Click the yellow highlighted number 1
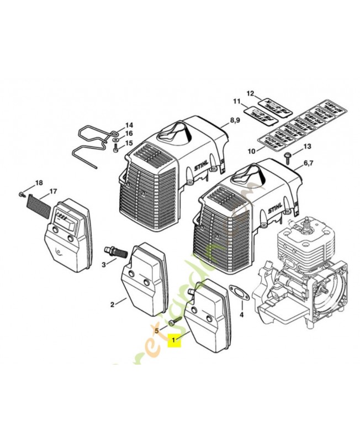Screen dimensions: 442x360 (174, 340)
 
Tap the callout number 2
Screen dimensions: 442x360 (112, 304)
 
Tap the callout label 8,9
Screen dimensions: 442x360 (235, 120)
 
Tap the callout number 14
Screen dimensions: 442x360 (128, 125)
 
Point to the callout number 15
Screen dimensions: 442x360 (129, 143)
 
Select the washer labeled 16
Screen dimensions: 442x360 (114, 140)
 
